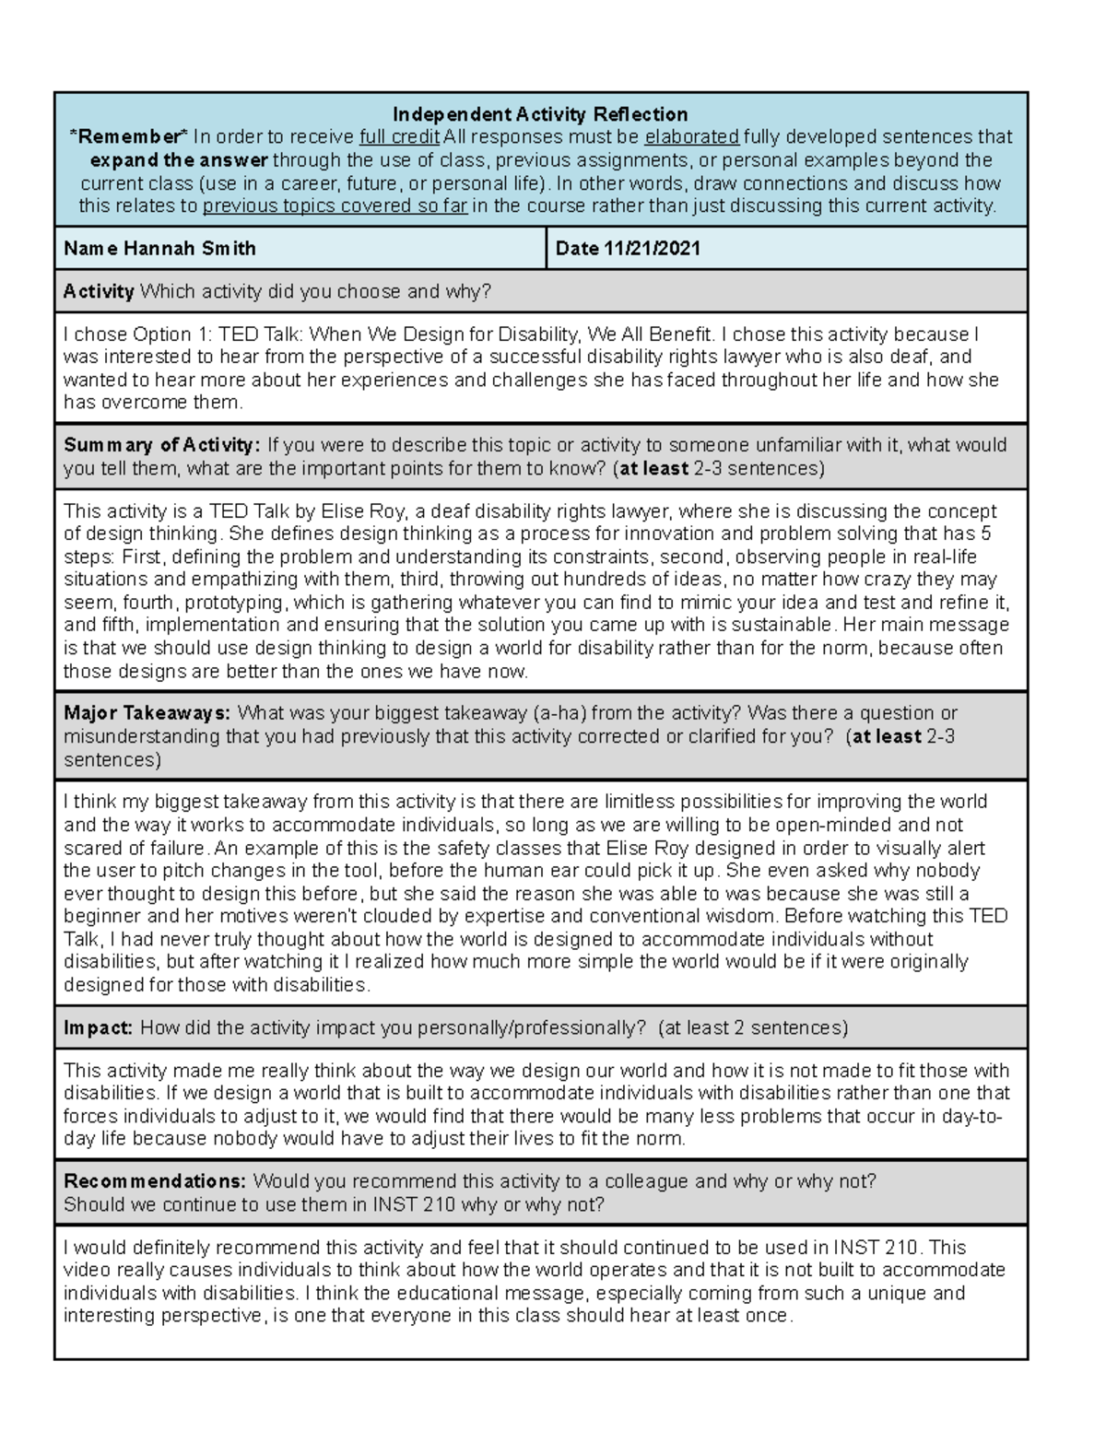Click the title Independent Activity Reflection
540,114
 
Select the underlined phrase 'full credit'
398,137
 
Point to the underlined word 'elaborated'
691,137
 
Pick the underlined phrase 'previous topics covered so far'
335,205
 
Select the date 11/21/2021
652,249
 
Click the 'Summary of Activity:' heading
162,445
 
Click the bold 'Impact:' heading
99,1027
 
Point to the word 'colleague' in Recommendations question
649,1181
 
